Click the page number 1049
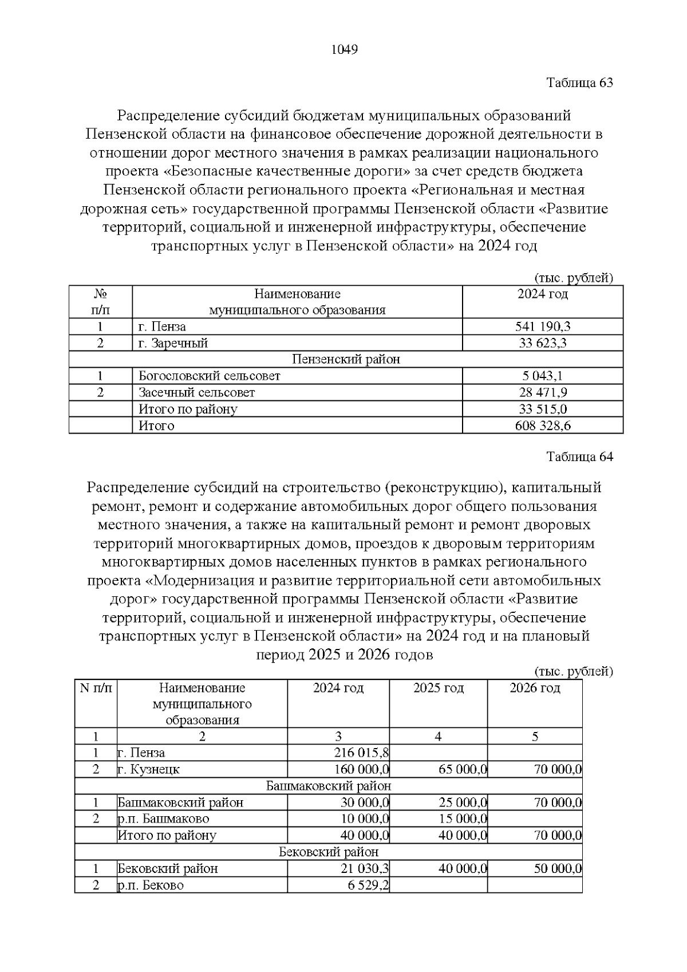(345, 50)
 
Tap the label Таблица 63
(579, 82)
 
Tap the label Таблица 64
(579, 457)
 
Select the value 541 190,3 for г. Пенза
(542, 327)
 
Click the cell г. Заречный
(173, 344)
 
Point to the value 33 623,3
(542, 344)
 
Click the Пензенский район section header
(346, 360)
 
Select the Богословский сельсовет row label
(210, 376)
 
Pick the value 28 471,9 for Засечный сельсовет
(542, 393)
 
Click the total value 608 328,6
(542, 426)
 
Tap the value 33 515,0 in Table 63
(542, 409)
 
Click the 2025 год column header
(439, 688)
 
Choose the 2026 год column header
(535, 688)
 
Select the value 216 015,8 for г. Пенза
(361, 753)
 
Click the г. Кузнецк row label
(149, 769)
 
